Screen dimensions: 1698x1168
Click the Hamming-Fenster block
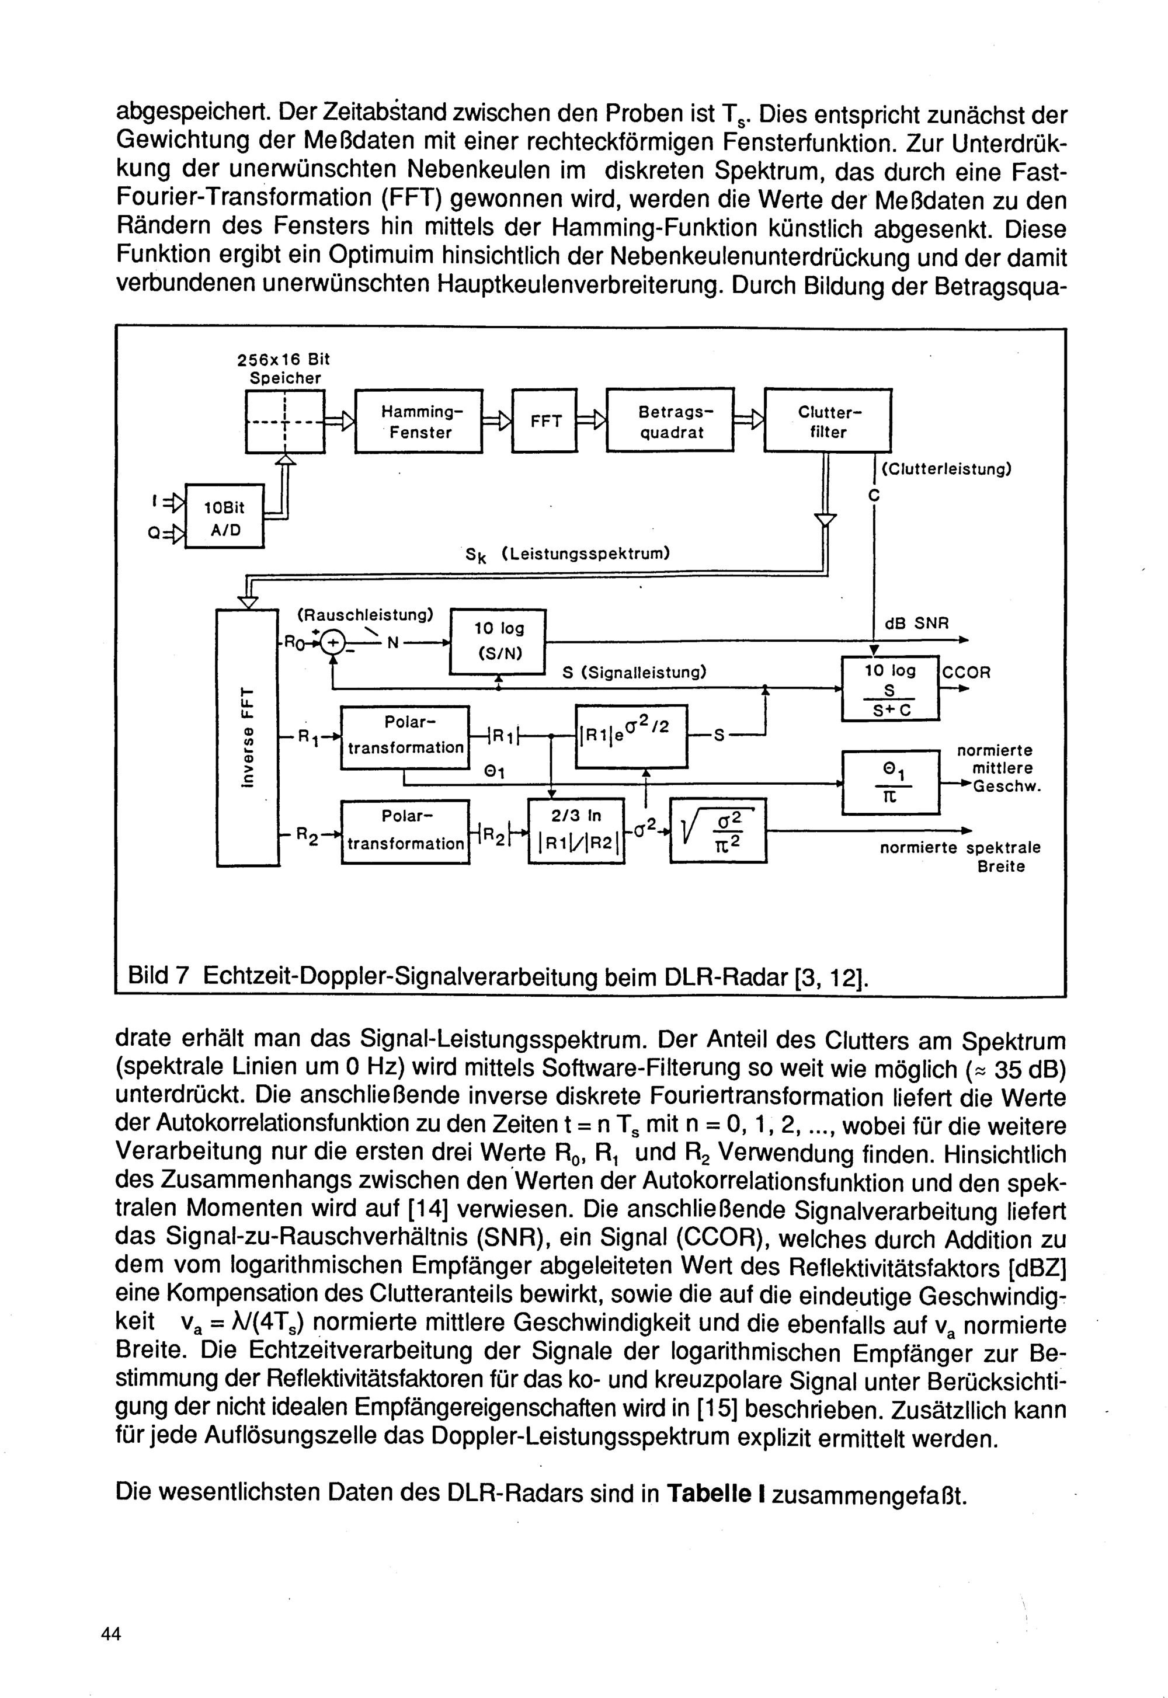(418, 422)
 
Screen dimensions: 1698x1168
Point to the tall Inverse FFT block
(248, 737)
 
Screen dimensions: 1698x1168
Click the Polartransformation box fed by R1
(405, 737)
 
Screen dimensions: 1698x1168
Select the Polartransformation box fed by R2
(405, 832)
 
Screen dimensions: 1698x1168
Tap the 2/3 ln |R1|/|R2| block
(576, 830)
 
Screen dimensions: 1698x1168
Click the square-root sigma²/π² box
(718, 830)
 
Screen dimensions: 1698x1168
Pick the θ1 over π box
(890, 782)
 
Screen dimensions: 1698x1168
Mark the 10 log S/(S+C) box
(890, 688)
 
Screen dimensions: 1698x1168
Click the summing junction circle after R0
(333, 642)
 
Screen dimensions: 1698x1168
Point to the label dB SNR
(916, 623)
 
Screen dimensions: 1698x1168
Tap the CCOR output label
(966, 671)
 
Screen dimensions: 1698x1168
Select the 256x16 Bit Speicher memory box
(284, 422)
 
